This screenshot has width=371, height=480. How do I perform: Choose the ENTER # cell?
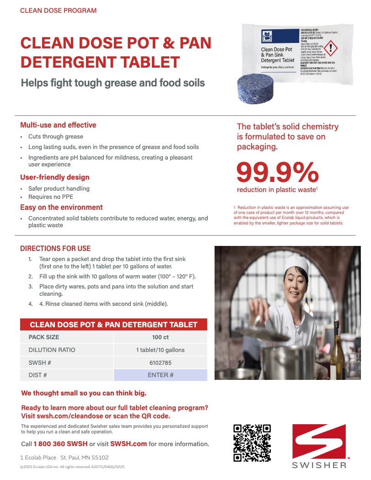(x=160, y=375)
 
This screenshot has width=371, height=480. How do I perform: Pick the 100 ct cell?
(x=160, y=337)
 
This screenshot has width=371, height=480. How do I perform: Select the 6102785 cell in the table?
(x=160, y=363)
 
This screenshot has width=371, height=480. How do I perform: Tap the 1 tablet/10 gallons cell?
(x=160, y=350)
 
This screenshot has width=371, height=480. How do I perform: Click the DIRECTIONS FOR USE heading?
(x=55, y=249)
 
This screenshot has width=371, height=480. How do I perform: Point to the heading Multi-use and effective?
(x=58, y=125)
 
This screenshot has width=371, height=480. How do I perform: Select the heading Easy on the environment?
(x=61, y=208)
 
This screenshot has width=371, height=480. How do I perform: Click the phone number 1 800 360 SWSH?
(x=60, y=444)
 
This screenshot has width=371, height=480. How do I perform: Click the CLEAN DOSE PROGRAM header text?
(x=58, y=11)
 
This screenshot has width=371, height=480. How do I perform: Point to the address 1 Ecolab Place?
(x=38, y=458)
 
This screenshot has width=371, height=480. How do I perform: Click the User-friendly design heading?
(x=55, y=177)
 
